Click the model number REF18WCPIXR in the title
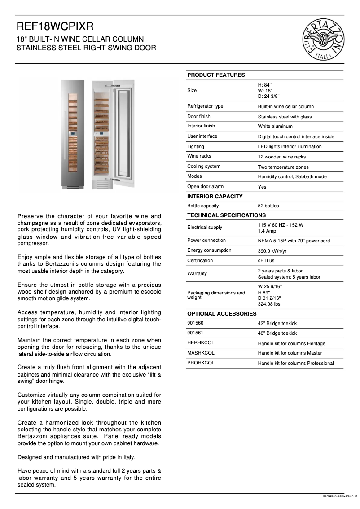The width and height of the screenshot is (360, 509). (55, 27)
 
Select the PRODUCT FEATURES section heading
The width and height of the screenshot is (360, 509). (216, 75)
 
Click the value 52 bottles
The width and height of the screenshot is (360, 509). (268, 206)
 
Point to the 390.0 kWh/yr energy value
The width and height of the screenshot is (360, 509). (272, 251)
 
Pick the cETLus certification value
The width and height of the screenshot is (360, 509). (267, 261)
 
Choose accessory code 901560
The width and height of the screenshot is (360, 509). (195, 323)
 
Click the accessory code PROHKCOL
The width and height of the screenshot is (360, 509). (201, 363)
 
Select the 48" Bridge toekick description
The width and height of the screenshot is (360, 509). (277, 333)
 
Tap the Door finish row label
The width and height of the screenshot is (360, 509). (199, 117)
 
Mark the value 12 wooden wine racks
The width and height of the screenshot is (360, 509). (281, 157)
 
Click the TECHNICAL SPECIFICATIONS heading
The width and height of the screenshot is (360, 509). (226, 215)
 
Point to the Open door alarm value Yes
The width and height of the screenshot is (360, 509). (262, 187)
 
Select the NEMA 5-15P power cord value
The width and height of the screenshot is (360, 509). (294, 241)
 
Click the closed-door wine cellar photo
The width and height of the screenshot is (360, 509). (72, 135)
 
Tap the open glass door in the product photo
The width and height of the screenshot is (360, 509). (123, 135)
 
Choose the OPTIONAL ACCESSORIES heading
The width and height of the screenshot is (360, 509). (222, 313)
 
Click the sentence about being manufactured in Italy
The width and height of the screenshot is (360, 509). (76, 457)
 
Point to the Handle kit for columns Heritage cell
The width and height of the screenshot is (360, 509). (291, 344)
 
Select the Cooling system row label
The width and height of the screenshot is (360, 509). (204, 167)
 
